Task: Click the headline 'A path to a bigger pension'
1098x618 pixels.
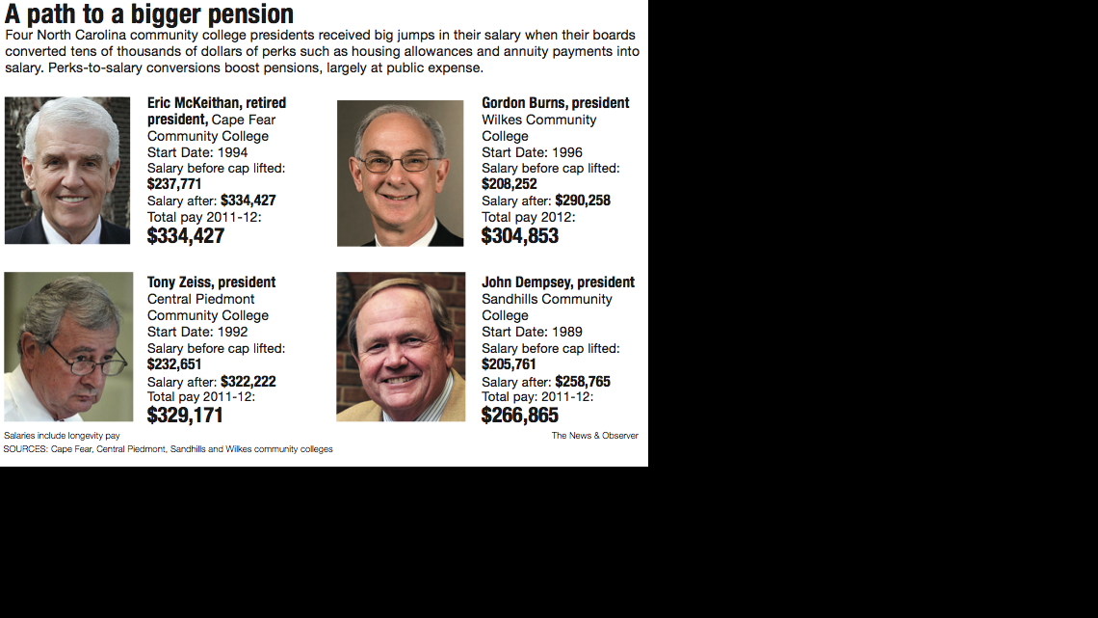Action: [149, 14]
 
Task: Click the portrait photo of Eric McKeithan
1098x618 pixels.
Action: [67, 170]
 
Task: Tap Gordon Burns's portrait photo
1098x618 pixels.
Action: [400, 174]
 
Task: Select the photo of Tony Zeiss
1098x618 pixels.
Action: [68, 347]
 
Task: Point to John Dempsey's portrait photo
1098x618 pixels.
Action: [401, 347]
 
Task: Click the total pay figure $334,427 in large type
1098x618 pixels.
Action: [186, 236]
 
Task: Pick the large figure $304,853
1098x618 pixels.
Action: [520, 236]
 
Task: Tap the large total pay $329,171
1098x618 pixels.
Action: [185, 416]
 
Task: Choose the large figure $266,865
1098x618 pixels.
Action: [520, 416]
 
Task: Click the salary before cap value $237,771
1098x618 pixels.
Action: [174, 184]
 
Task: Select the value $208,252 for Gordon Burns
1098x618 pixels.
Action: [510, 184]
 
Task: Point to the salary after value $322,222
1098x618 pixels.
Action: [248, 382]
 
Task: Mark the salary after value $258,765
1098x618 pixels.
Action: [583, 382]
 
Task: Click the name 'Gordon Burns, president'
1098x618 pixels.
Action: [556, 103]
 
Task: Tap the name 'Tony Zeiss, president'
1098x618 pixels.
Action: [211, 282]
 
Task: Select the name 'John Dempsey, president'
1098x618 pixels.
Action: [559, 282]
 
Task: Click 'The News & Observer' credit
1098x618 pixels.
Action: [594, 436]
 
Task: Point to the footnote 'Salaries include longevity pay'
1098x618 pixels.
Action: [62, 436]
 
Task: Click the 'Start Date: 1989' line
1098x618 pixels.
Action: [532, 332]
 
